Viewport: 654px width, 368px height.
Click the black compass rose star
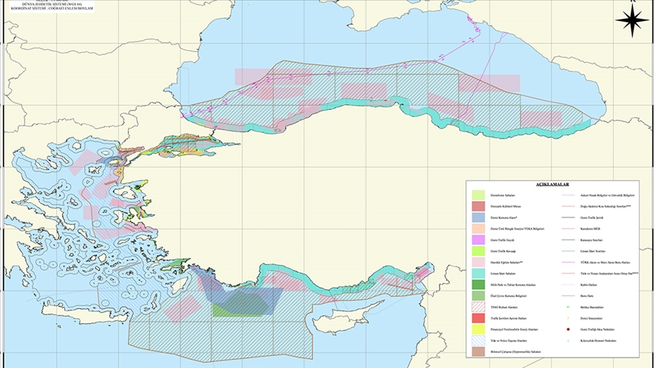tap(631, 20)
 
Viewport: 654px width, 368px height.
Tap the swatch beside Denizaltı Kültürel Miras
tap(477, 206)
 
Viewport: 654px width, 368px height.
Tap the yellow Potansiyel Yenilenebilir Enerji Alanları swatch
tap(477, 330)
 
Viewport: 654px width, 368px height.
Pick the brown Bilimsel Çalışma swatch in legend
tap(477, 352)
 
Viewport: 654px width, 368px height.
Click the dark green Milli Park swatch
tap(477, 285)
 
